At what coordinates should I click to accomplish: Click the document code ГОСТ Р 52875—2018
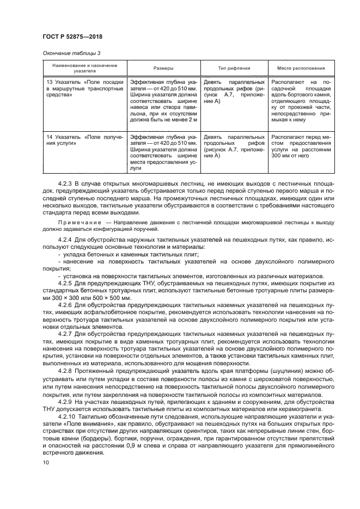coord(72,36)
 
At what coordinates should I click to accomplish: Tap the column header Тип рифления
coord(234,69)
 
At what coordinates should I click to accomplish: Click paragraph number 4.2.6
coord(66,305)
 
